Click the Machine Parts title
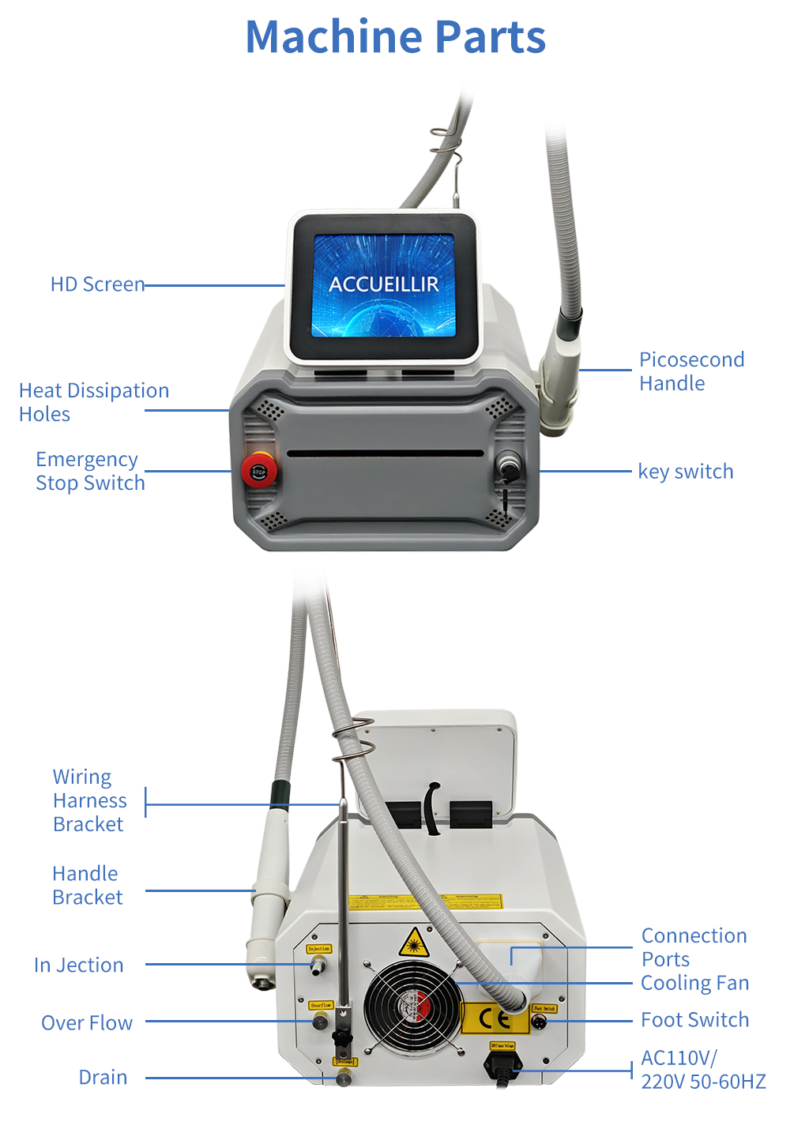coord(395,37)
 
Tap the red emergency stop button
coord(258,471)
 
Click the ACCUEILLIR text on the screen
coord(383,284)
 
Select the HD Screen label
coord(97,284)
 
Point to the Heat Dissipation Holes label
coord(93,402)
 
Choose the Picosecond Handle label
coord(691,371)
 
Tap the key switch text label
coord(685,472)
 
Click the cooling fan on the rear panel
coord(412,1008)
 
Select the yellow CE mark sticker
coord(494,1019)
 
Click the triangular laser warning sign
coord(414,943)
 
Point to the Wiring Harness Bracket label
coord(89,800)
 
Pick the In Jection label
coord(79,965)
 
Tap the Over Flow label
coord(87,1022)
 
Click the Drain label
coord(103,1077)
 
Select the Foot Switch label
coord(694,1020)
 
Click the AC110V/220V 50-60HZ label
coord(702,1069)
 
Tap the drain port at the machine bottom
coord(344,1078)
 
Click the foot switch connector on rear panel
coord(540,1022)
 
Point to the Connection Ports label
coord(694,947)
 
